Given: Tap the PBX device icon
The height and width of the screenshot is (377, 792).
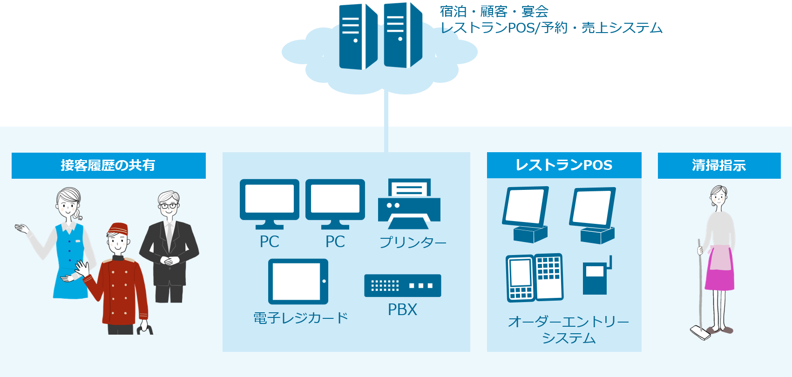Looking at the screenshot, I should click(x=402, y=285).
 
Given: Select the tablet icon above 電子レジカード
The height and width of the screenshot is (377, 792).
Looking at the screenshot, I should click(x=298, y=281).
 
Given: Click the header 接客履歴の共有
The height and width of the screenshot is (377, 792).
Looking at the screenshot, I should click(x=108, y=165).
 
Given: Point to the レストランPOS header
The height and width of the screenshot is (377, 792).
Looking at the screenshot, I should click(x=564, y=165).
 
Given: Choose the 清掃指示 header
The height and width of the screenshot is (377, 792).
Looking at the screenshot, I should click(x=719, y=165).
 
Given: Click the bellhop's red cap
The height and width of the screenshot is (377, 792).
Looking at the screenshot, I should click(x=118, y=229).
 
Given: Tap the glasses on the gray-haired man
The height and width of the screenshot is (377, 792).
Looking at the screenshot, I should click(x=169, y=205).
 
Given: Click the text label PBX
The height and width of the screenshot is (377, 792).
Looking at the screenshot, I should click(x=402, y=310).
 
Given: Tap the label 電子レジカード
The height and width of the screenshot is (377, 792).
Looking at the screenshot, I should click(x=300, y=318).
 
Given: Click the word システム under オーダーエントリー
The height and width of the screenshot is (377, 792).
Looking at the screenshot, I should click(x=569, y=338).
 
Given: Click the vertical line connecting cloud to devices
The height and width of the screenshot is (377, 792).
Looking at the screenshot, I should click(x=386, y=121).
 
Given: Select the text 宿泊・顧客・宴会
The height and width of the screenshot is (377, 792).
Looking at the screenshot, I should click(x=494, y=12).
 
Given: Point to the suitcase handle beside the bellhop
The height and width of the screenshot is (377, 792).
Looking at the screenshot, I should click(x=144, y=329).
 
